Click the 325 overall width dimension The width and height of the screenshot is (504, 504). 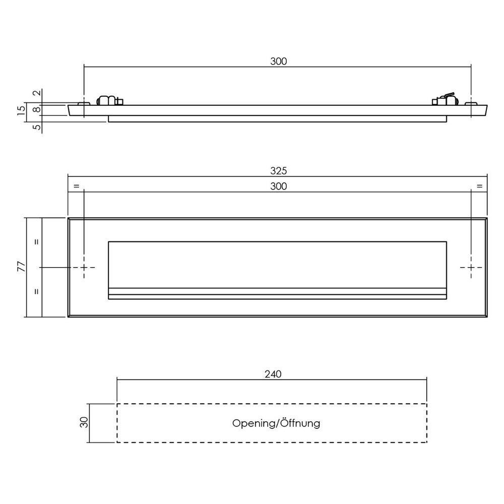(x=278, y=171)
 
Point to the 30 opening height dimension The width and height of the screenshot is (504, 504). (x=85, y=422)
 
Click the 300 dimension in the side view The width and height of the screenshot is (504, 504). (x=278, y=61)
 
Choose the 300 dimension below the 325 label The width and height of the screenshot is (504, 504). (x=278, y=186)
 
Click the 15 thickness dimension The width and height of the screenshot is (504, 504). (x=21, y=111)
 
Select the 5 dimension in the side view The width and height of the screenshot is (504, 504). (x=36, y=127)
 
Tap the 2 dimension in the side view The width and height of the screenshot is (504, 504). (x=36, y=93)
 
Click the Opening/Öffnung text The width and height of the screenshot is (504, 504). (x=276, y=423)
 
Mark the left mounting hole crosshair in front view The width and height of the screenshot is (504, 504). (x=84, y=268)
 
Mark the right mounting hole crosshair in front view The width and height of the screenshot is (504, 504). (x=471, y=268)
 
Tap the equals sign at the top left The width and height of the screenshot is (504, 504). (x=76, y=186)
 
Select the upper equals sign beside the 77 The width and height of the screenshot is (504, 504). (x=36, y=242)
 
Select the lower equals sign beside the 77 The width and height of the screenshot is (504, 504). (x=36, y=291)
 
